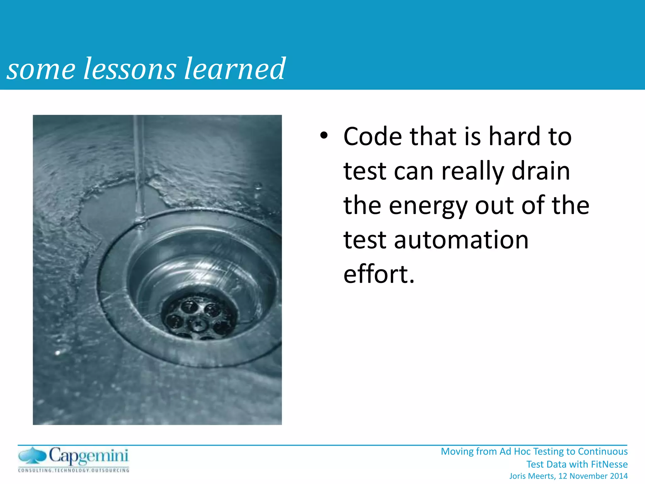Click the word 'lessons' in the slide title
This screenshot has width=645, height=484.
(x=129, y=69)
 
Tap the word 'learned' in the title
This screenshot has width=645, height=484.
(x=235, y=69)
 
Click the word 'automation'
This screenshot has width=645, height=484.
(x=461, y=240)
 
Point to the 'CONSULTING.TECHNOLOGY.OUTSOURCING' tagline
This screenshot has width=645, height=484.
(x=74, y=470)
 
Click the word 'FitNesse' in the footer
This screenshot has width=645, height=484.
(x=609, y=464)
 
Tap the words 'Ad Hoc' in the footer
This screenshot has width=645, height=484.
(x=512, y=452)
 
